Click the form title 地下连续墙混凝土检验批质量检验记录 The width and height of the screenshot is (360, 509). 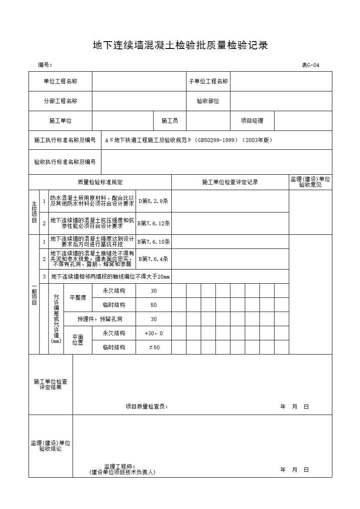pyautogui.click(x=180, y=45)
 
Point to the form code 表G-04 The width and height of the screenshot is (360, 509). pyautogui.click(x=310, y=65)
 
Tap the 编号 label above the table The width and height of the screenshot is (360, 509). pyautogui.click(x=45, y=65)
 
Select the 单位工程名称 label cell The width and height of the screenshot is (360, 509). pyautogui.click(x=61, y=81)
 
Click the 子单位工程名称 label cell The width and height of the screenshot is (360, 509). pyautogui.click(x=208, y=81)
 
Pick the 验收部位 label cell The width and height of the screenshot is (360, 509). pyautogui.click(x=208, y=101)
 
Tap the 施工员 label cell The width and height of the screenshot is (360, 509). pyautogui.click(x=170, y=121)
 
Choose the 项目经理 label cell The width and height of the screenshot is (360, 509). pyautogui.click(x=252, y=121)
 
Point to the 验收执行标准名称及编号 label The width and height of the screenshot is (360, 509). pyautogui.click(x=65, y=162)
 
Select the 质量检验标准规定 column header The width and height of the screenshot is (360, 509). pyautogui.click(x=100, y=182)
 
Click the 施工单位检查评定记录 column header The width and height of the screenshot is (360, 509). pyautogui.click(x=230, y=182)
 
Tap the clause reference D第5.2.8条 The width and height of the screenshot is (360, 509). pyautogui.click(x=153, y=201)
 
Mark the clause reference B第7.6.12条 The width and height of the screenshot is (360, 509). pyautogui.click(x=153, y=223)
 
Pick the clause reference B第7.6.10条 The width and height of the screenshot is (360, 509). pyautogui.click(x=153, y=242)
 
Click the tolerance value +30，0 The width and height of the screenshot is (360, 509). pyautogui.click(x=153, y=333)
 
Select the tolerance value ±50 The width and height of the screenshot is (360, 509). pyautogui.click(x=153, y=347)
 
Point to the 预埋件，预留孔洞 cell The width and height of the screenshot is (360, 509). pyautogui.click(x=100, y=319)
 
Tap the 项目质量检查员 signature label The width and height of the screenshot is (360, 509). pyautogui.click(x=146, y=406)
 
